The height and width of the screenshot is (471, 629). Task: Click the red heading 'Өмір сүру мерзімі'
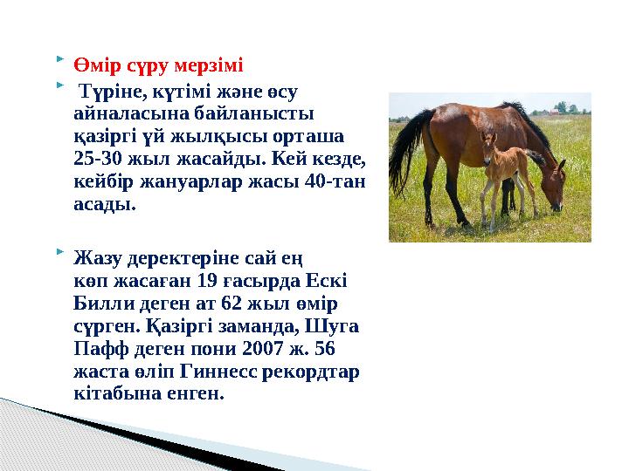tap(159, 65)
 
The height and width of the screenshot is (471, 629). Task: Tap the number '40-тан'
tap(341, 184)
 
